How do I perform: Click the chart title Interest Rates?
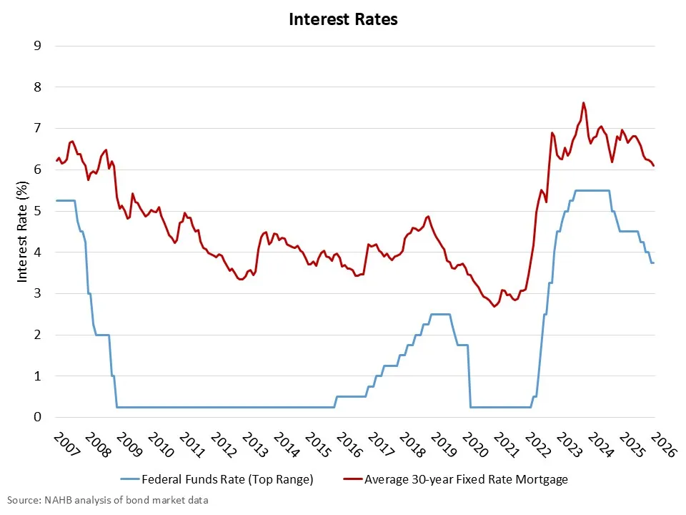coord(343,19)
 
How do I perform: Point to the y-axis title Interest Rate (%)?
coord(23,230)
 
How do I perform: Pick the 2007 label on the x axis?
coord(64,445)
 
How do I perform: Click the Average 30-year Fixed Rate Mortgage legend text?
coord(466,479)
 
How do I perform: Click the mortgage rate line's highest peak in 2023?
coord(584,102)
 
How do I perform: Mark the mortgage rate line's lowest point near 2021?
coord(494,306)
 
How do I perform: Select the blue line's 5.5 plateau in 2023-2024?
coord(592,190)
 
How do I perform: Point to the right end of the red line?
coord(654,165)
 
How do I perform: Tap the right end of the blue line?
coord(654,263)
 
